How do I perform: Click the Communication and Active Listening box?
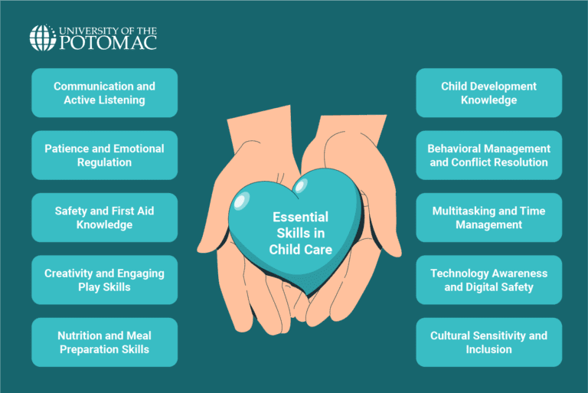pos(104,93)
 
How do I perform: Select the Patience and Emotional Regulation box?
pos(104,155)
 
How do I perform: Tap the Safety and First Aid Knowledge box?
pos(104,218)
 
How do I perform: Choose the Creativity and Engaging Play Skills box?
pos(104,280)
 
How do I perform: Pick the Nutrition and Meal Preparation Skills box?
pos(104,342)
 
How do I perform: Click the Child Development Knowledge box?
pos(488,93)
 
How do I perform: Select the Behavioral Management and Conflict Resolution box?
pos(488,155)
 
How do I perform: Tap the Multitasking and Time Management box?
pos(488,218)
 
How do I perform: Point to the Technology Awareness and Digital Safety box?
pos(488,280)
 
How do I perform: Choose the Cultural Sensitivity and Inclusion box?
pos(488,342)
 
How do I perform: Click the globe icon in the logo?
pos(42,38)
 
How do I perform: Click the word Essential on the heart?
pos(300,217)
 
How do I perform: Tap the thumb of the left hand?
pos(210,230)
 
